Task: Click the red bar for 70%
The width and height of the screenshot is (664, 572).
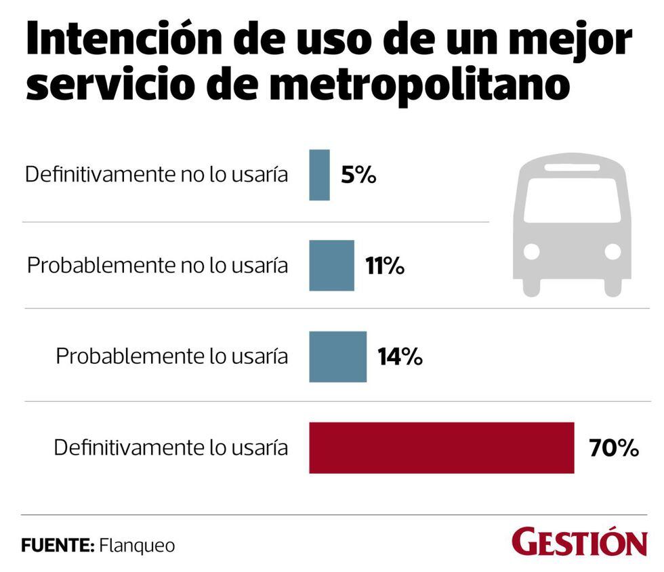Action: pyautogui.click(x=441, y=447)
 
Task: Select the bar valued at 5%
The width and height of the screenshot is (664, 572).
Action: pyautogui.click(x=319, y=175)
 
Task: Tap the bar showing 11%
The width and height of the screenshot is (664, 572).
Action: pyautogui.click(x=331, y=266)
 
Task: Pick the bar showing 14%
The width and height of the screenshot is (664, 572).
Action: pyautogui.click(x=337, y=356)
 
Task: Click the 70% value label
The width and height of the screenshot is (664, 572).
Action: pyautogui.click(x=614, y=448)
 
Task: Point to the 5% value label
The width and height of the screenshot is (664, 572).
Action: pyautogui.click(x=358, y=176)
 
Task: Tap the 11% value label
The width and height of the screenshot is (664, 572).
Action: pyautogui.click(x=385, y=266)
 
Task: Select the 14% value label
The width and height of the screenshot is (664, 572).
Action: pyautogui.click(x=400, y=357)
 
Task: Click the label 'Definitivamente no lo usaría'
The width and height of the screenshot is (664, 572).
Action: pyautogui.click(x=157, y=175)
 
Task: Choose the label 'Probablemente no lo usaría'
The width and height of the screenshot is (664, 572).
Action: pyautogui.click(x=157, y=266)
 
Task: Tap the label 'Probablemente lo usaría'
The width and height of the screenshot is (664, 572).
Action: pyautogui.click(x=172, y=356)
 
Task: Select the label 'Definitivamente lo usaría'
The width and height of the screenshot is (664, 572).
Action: pyautogui.click(x=171, y=448)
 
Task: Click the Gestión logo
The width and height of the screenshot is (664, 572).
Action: pyautogui.click(x=579, y=542)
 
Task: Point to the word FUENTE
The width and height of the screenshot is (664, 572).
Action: pyautogui.click(x=57, y=545)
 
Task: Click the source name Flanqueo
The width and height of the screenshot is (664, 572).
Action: pyautogui.click(x=137, y=545)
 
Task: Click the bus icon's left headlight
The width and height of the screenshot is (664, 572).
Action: pyautogui.click(x=532, y=251)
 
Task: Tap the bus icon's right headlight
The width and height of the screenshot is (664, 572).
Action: pyautogui.click(x=613, y=251)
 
